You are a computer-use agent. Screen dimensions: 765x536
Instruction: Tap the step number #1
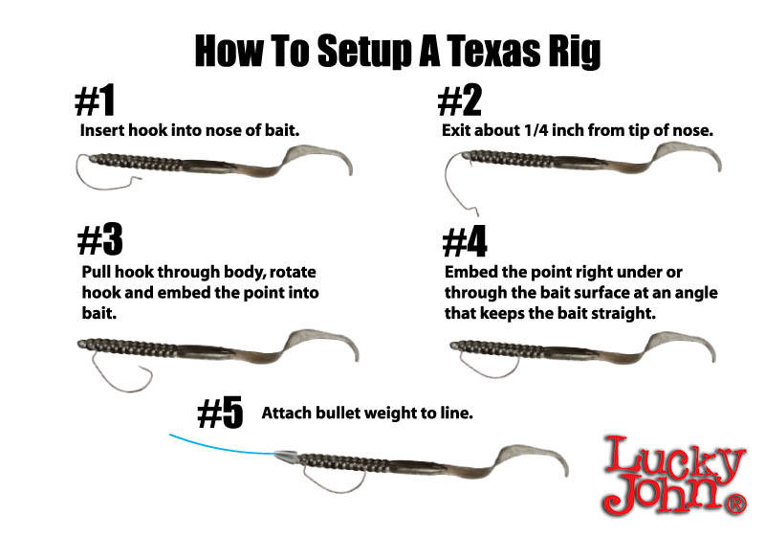point(95,100)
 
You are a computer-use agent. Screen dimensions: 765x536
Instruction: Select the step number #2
point(460,100)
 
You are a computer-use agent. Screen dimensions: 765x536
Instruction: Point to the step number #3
point(100,239)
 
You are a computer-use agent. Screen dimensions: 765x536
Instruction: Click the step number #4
point(465,241)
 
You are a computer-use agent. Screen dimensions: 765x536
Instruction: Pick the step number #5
point(220,412)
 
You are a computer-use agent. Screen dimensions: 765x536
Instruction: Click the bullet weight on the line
point(286,457)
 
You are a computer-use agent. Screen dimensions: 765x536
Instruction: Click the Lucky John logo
point(675,476)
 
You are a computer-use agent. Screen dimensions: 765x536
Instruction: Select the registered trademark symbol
point(736,504)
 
